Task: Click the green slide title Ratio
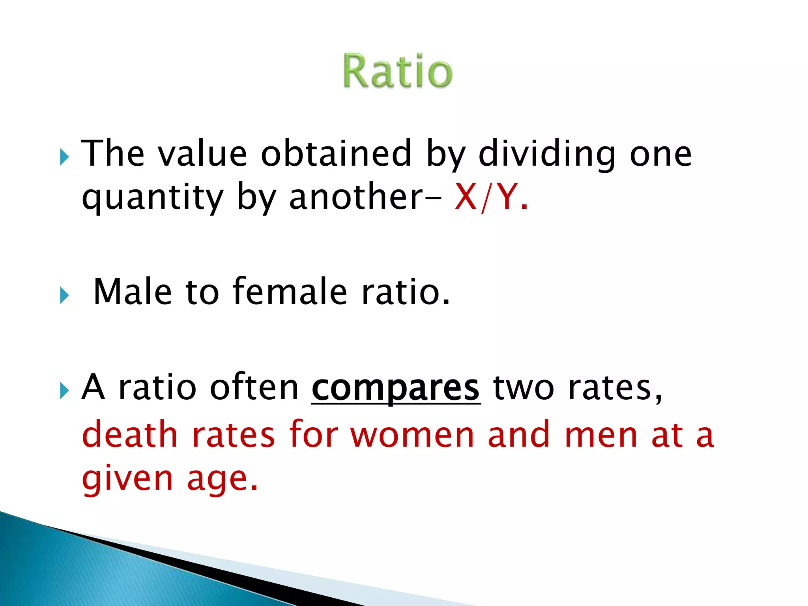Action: tap(397, 71)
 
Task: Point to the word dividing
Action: tap(546, 154)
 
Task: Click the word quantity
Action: tap(152, 197)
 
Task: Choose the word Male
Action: tap(133, 292)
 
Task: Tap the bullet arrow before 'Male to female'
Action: tap(64, 295)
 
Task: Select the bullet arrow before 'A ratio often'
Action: tap(64, 391)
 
